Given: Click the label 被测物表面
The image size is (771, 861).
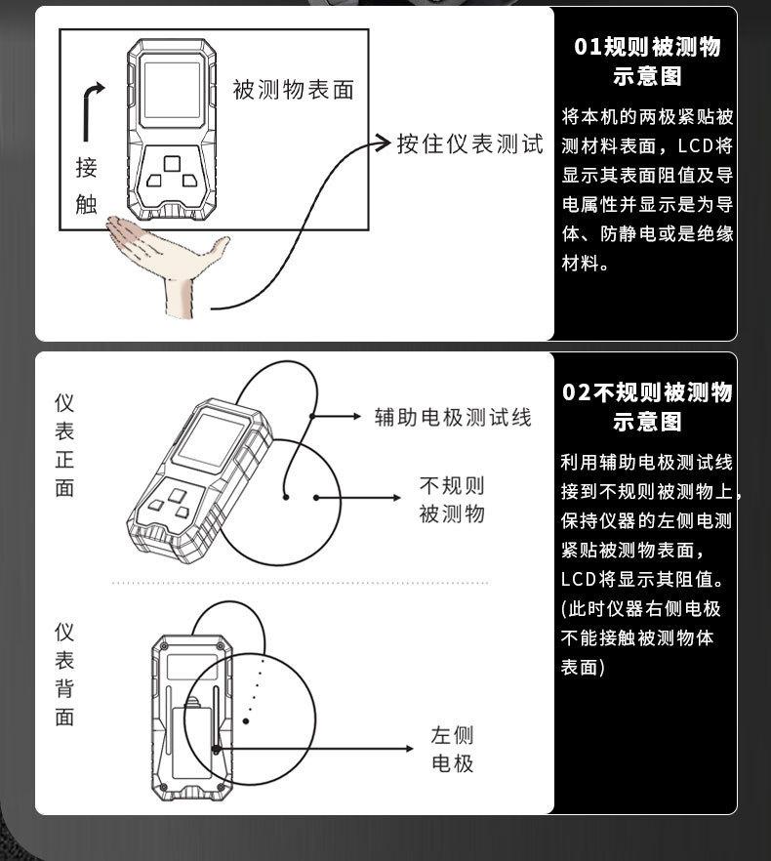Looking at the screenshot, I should (293, 90).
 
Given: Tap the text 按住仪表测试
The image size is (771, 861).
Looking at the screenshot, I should (469, 143).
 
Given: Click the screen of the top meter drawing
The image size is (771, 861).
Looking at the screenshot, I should (172, 91).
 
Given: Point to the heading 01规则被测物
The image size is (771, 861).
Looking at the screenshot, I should (647, 47).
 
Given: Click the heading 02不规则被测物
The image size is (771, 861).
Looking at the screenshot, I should (647, 392).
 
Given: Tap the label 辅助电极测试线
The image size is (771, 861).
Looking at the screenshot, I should (453, 417).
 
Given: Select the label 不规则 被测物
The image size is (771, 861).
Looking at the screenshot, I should (451, 500).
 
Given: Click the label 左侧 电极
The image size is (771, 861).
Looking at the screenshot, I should (452, 749).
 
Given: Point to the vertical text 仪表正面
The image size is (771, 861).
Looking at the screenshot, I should (64, 445).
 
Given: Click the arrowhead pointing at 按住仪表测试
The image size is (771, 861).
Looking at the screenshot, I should (384, 144).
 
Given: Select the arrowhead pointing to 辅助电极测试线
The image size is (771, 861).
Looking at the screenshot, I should (356, 417).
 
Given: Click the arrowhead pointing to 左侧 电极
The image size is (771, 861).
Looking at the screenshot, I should (410, 749).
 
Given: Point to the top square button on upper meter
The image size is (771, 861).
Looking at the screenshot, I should (172, 162).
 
